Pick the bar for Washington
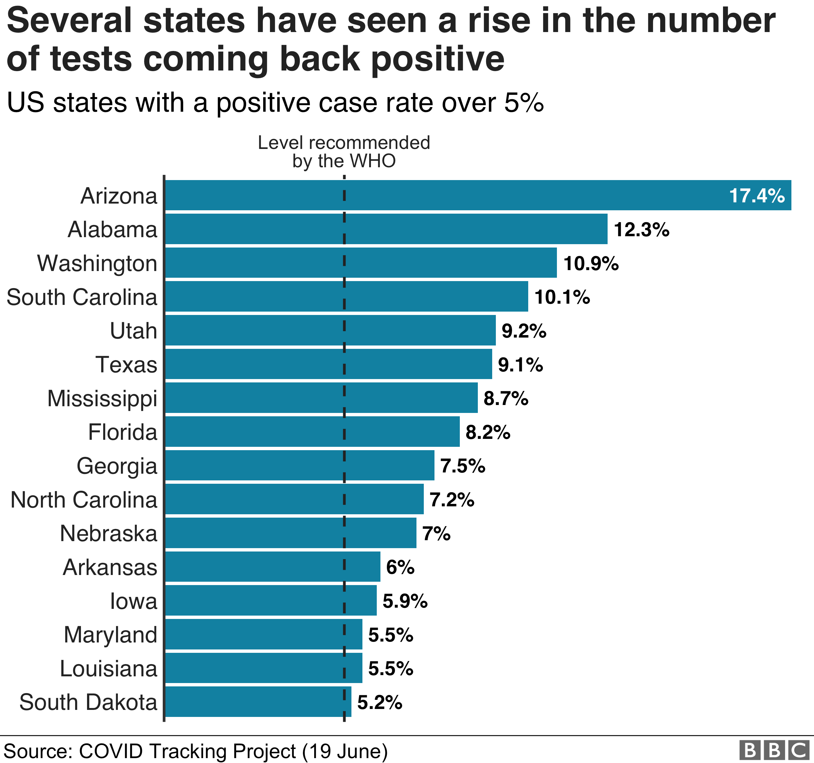[x=360, y=263]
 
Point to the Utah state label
[x=133, y=331]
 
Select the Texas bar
[x=328, y=364]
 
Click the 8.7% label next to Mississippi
[x=506, y=398]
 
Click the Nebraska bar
[x=290, y=533]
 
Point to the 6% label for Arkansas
[x=400, y=567]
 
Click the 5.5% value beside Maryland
[x=391, y=635]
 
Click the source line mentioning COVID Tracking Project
[x=195, y=751]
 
